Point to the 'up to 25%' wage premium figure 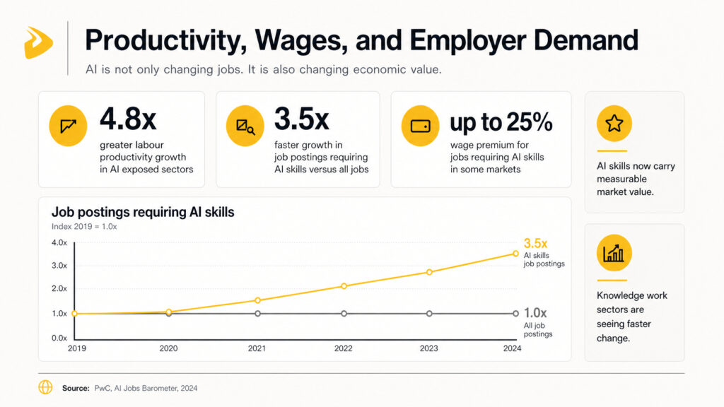pyautogui.click(x=501, y=122)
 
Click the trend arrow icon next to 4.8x pyautogui.click(x=68, y=126)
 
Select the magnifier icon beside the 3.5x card pyautogui.click(x=245, y=126)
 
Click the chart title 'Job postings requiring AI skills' pyautogui.click(x=143, y=211)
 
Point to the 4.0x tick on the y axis pyautogui.click(x=59, y=243)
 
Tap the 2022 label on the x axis pyautogui.click(x=344, y=348)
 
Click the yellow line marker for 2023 pyautogui.click(x=429, y=272)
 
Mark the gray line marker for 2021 pyautogui.click(x=257, y=313)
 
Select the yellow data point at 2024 pyautogui.click(x=515, y=254)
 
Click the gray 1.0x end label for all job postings pyautogui.click(x=535, y=312)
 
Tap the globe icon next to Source pyautogui.click(x=45, y=387)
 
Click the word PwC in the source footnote pyautogui.click(x=102, y=388)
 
